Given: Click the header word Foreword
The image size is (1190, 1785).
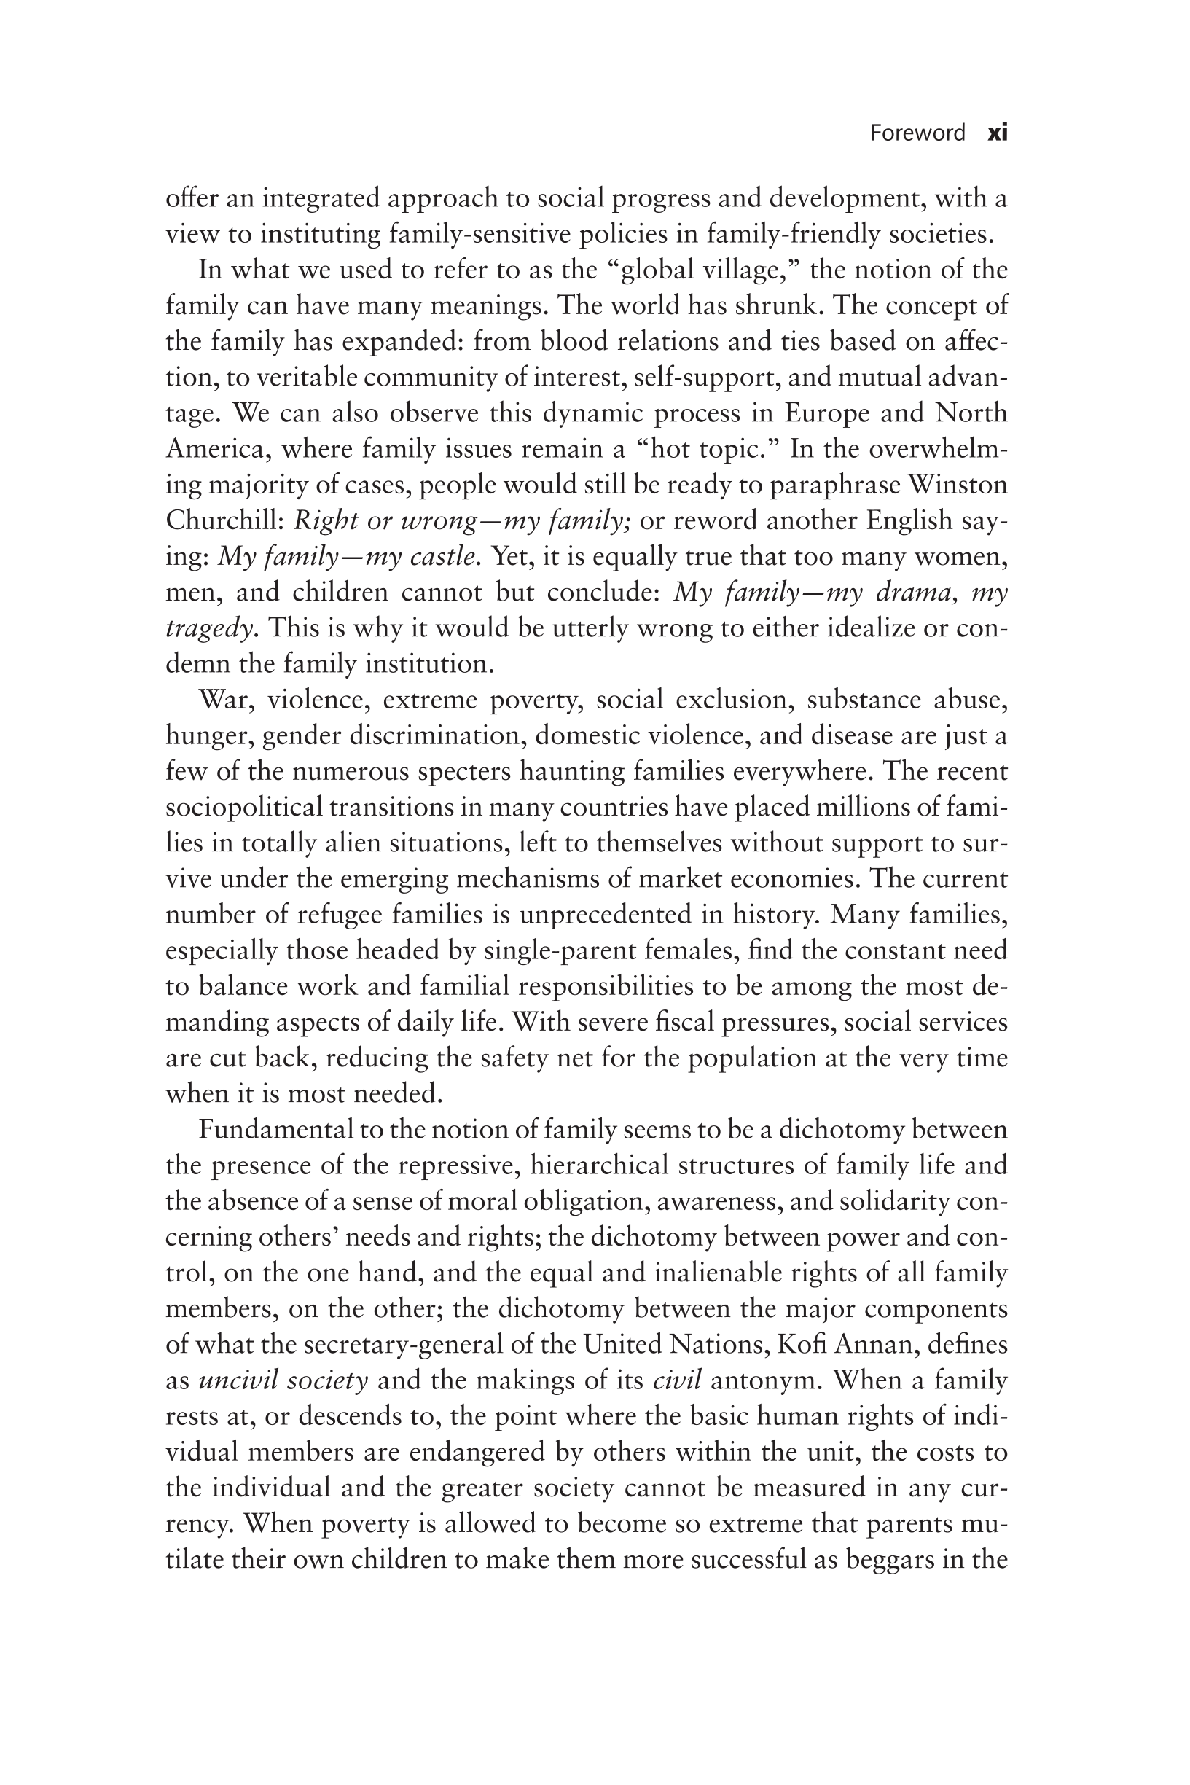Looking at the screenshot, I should (917, 133).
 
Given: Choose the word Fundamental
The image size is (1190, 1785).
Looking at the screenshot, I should (275, 1130).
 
